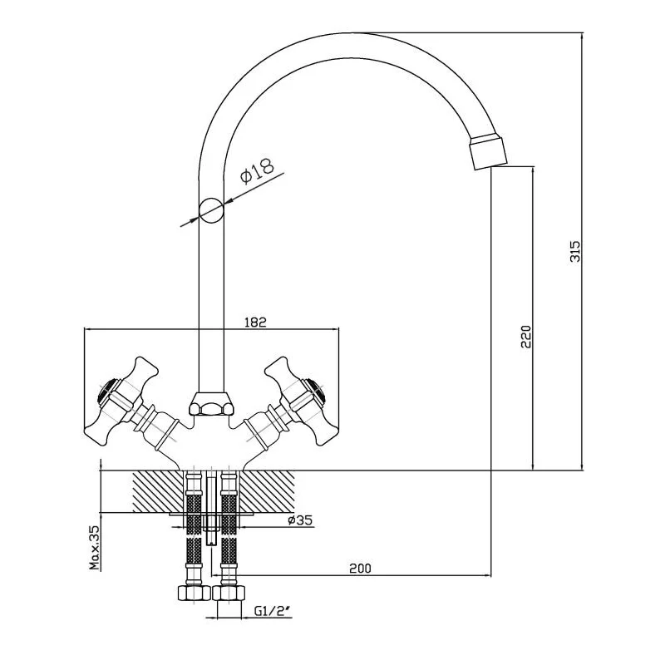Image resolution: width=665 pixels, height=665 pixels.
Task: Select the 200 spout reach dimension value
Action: tap(359, 569)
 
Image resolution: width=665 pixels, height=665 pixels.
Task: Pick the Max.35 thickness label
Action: tap(95, 549)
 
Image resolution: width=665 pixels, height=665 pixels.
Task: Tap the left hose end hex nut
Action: tap(192, 594)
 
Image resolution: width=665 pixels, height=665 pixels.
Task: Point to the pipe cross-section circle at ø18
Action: tap(212, 209)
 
